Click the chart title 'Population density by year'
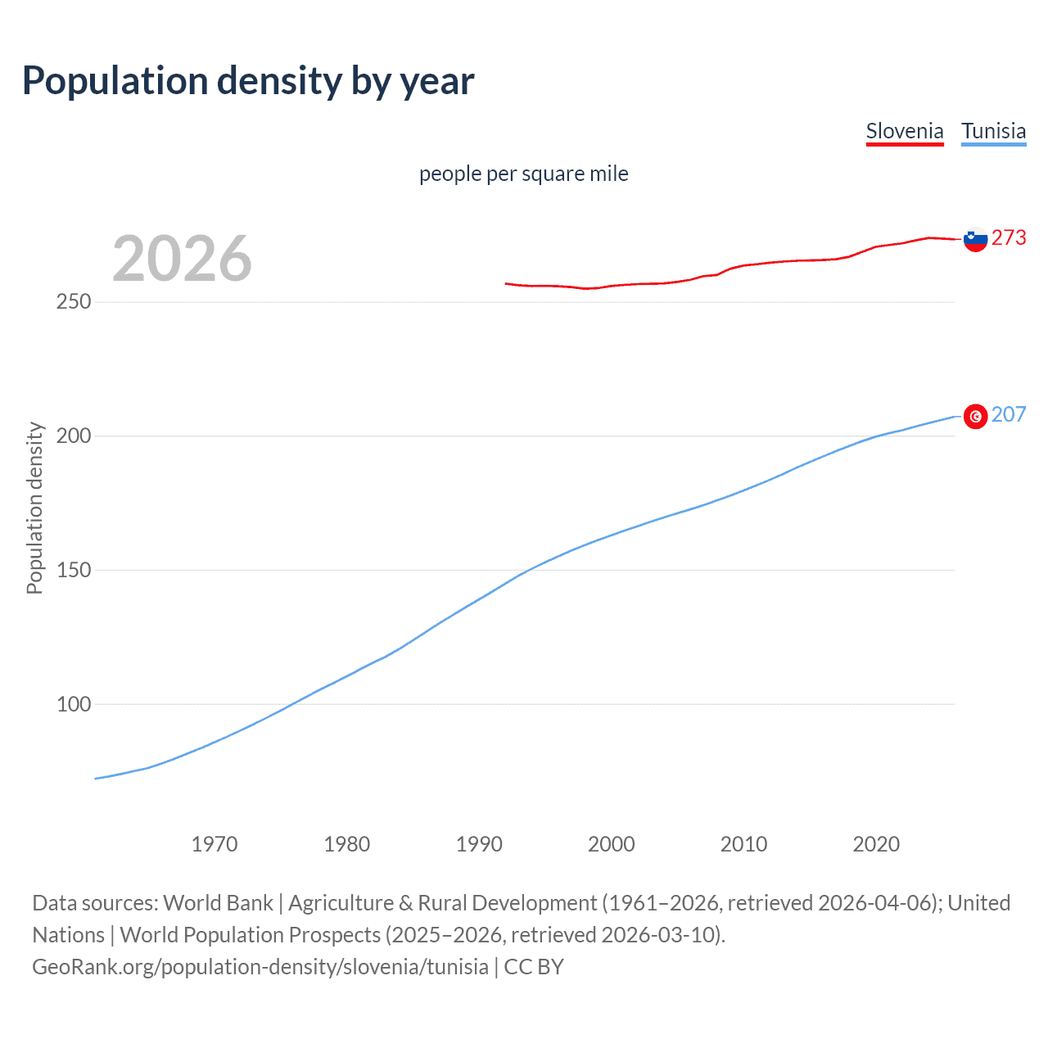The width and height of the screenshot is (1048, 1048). click(x=248, y=81)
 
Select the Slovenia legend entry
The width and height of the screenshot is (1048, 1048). click(x=905, y=131)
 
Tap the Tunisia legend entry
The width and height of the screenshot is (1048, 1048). click(x=993, y=131)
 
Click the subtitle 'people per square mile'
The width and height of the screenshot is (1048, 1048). click(x=524, y=174)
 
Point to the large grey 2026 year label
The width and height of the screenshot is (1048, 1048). click(x=182, y=258)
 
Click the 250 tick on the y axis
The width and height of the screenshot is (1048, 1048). click(x=74, y=302)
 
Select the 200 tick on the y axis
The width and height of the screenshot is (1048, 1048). click(x=74, y=436)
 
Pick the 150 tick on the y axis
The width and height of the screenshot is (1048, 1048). click(x=74, y=570)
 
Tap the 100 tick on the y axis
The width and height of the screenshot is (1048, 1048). click(x=74, y=704)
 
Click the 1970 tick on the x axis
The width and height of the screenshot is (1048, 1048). click(x=215, y=844)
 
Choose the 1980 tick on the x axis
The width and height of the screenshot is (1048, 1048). click(x=347, y=844)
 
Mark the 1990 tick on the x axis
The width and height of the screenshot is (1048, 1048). click(x=479, y=844)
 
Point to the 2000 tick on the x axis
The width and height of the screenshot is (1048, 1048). click(x=612, y=844)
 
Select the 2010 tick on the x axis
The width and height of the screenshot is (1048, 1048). click(x=744, y=844)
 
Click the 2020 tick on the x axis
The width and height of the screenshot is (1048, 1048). click(x=876, y=844)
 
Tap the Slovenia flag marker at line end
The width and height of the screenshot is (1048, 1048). click(x=975, y=239)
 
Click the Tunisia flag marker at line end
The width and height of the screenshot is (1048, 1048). click(x=975, y=416)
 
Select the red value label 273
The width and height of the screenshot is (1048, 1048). click(x=1009, y=237)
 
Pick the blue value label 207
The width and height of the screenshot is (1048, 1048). click(x=1009, y=414)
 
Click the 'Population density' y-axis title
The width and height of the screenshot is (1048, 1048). click(x=34, y=508)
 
